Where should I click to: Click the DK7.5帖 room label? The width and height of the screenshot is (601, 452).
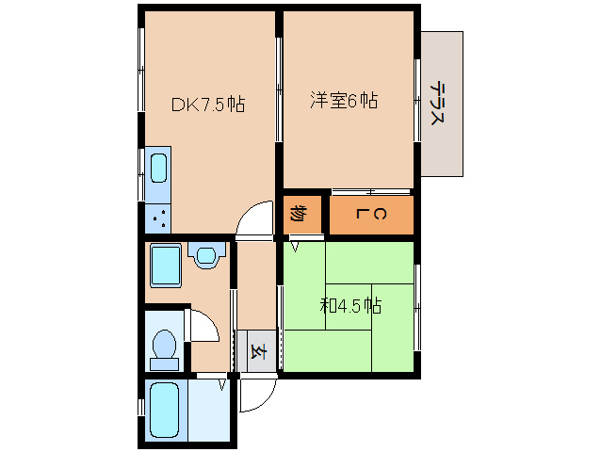pos(207,105)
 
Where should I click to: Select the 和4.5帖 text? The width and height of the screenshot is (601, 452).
pos(350,305)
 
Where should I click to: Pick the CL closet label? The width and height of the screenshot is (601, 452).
pos(371,216)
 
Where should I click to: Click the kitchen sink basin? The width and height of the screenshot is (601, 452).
pos(158,169)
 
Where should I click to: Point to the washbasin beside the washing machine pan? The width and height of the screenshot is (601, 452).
pos(206,254)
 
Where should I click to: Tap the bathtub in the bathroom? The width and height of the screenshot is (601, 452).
pos(165,411)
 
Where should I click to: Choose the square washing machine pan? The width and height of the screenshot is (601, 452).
pos(166,266)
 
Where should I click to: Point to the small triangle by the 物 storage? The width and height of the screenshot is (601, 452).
pos(295,246)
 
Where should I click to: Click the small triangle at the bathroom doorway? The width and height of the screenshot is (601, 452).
pos(223,384)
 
